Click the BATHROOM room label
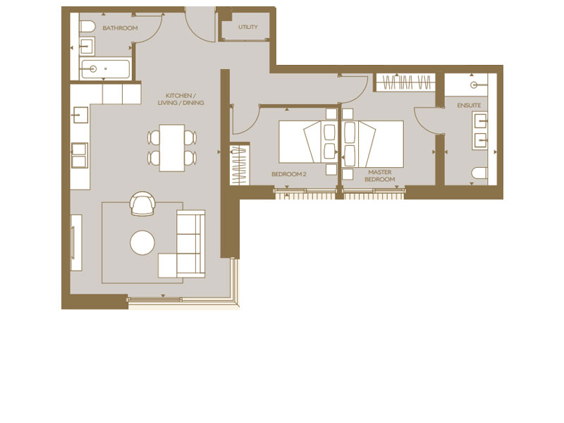(x=120, y=28)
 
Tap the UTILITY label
(x=247, y=27)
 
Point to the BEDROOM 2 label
(x=289, y=173)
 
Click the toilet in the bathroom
(x=87, y=27)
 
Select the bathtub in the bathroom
(x=106, y=69)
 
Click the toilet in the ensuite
(x=479, y=173)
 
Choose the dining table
(x=172, y=147)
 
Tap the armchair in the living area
(x=142, y=204)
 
